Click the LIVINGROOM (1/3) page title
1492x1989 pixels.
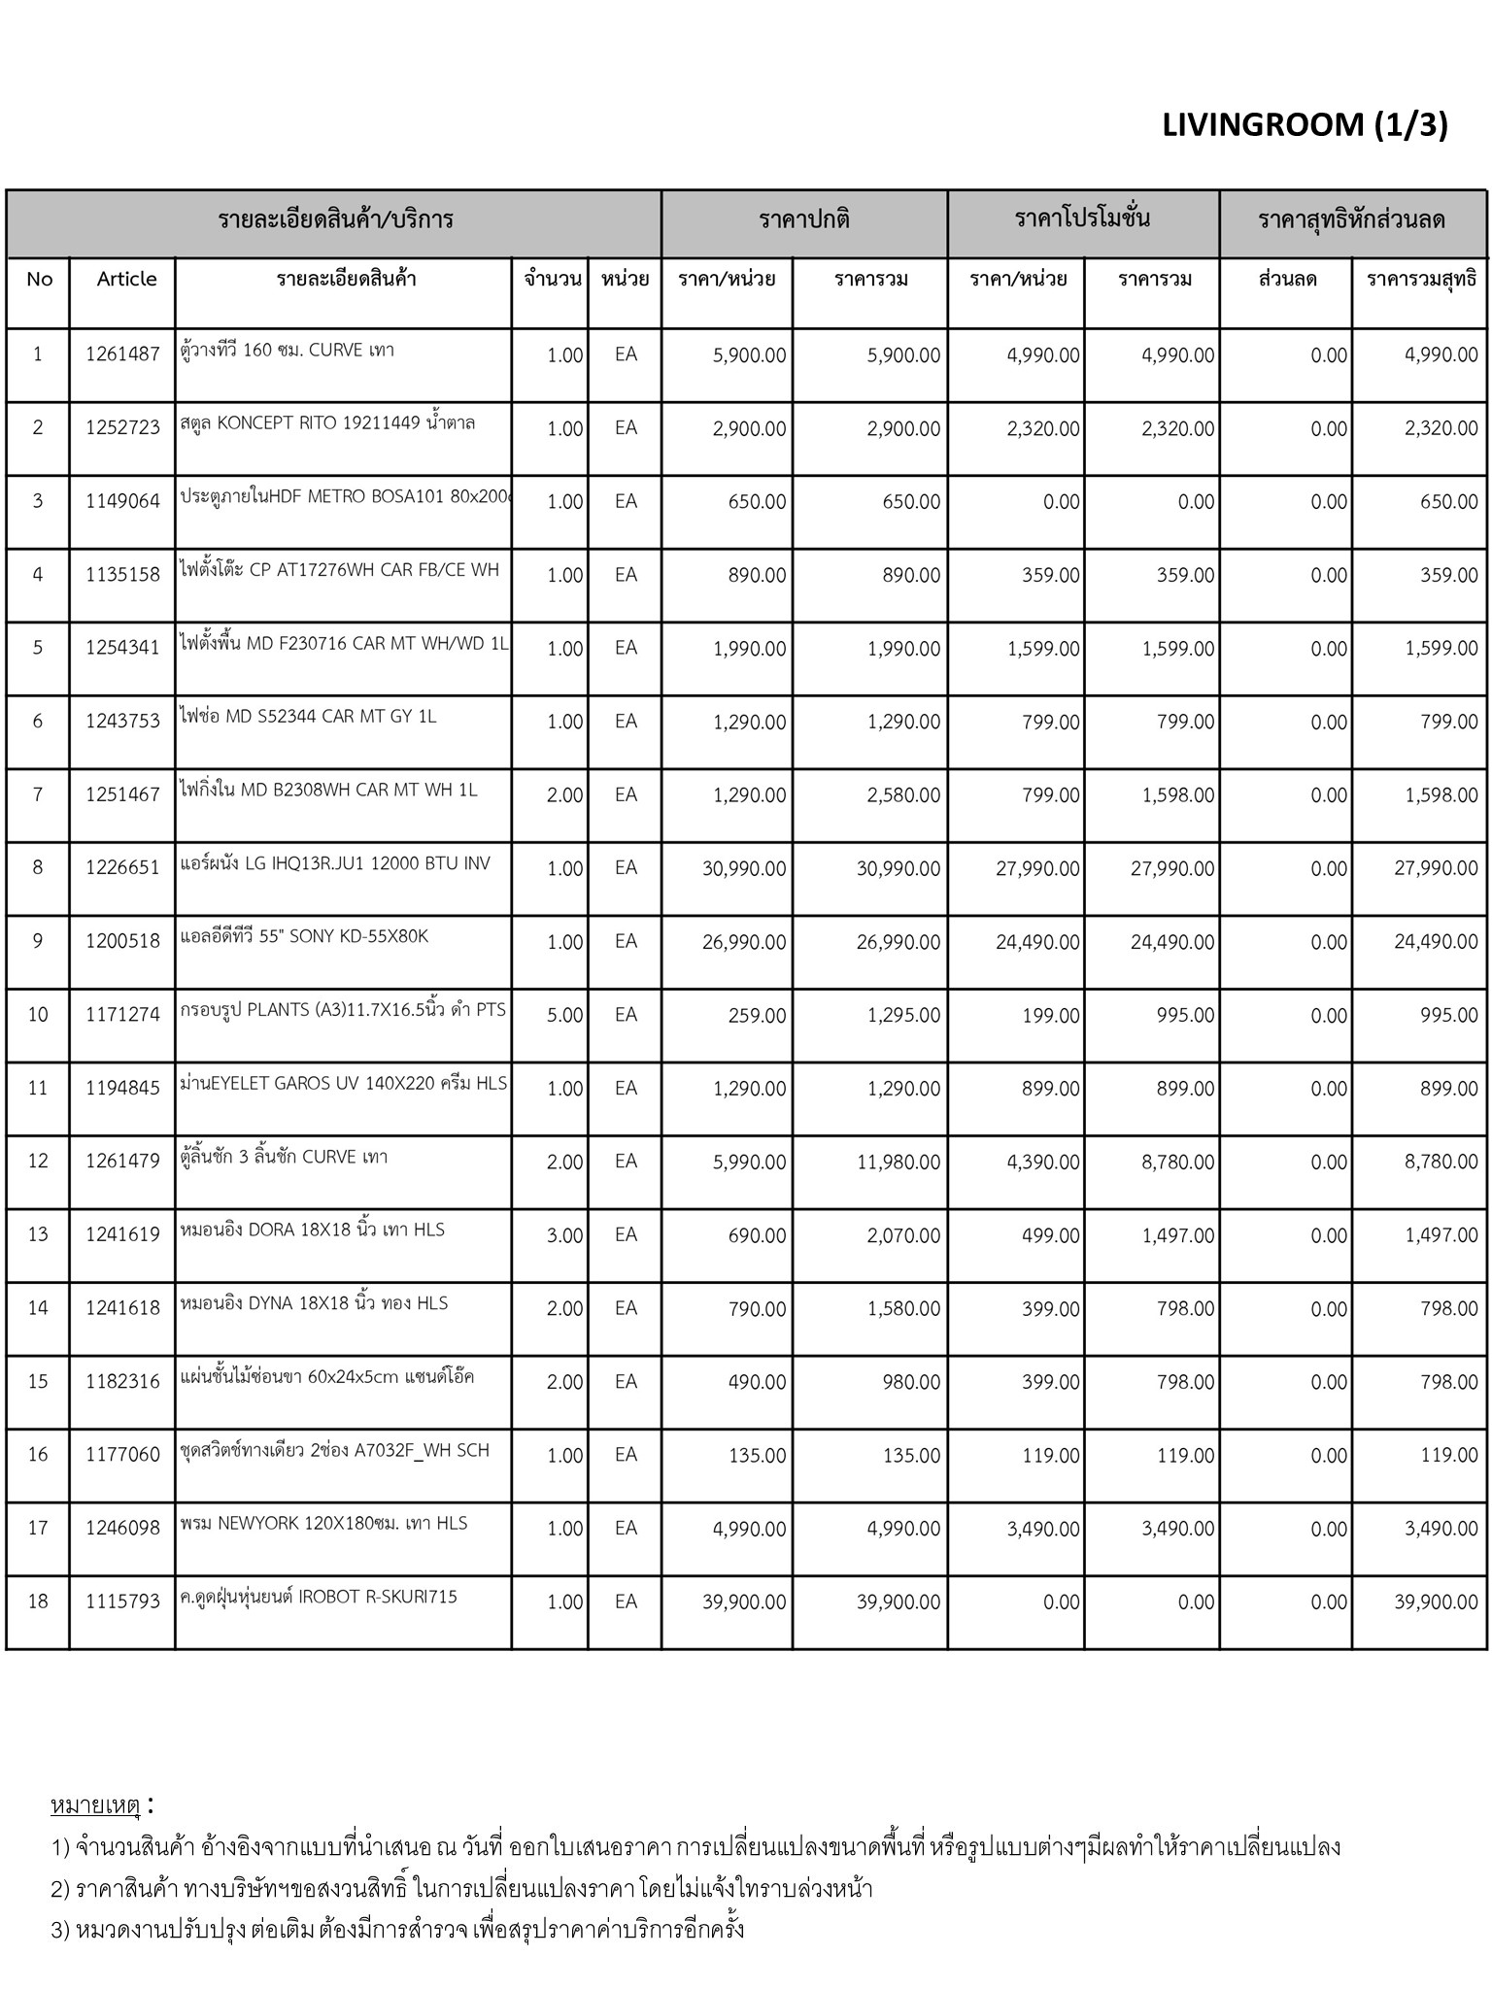[x=1304, y=125]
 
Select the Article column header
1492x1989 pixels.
[x=126, y=279]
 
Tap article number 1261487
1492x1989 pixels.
[x=122, y=354]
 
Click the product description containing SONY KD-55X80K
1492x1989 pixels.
[x=304, y=937]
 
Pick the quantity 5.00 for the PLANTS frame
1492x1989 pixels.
[x=564, y=1015]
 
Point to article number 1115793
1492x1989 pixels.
[x=122, y=1601]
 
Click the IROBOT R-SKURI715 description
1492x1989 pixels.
[x=319, y=1597]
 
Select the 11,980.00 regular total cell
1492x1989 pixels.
[x=898, y=1162]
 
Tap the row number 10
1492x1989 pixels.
[x=38, y=1015]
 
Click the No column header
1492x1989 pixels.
[x=40, y=279]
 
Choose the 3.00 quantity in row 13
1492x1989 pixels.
[x=564, y=1235]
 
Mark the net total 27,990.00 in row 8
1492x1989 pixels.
[x=1436, y=868]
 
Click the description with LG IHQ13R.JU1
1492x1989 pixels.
[x=335, y=863]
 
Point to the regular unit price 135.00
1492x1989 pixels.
[x=757, y=1455]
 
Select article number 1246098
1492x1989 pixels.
[x=122, y=1529]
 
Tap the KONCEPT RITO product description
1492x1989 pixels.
[x=327, y=423]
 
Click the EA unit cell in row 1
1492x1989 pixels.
[x=626, y=354]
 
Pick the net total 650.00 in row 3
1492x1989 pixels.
[x=1448, y=502]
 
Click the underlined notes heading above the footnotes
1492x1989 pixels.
[x=95, y=1805]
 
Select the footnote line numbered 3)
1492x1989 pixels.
[x=397, y=1929]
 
